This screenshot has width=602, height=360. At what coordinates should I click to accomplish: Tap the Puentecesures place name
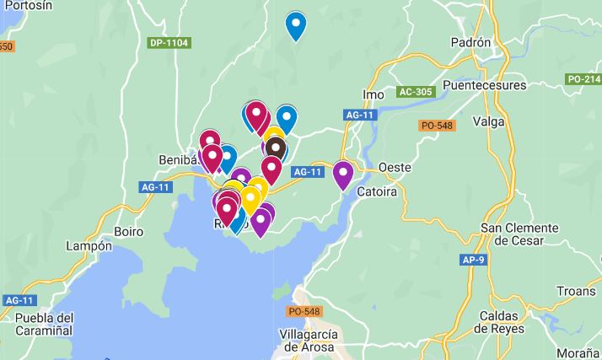tap(484, 85)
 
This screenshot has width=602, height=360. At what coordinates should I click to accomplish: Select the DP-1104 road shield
tap(169, 43)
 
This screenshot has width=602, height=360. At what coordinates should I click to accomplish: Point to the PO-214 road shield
tap(583, 79)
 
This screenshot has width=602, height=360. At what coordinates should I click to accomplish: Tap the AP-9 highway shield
tap(475, 260)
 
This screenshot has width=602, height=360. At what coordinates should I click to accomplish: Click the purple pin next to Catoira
tap(342, 174)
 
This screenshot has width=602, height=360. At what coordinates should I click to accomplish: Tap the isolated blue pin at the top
tap(295, 24)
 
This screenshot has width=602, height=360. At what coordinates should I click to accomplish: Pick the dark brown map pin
tap(274, 149)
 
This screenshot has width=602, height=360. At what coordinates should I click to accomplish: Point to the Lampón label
tap(89, 246)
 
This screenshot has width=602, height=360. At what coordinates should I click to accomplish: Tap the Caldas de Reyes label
tap(500, 321)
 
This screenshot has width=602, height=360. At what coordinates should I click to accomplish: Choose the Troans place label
tap(576, 291)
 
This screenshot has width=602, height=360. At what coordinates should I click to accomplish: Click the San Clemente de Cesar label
tap(519, 234)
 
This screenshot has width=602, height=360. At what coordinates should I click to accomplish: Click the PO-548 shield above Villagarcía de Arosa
tap(304, 311)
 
